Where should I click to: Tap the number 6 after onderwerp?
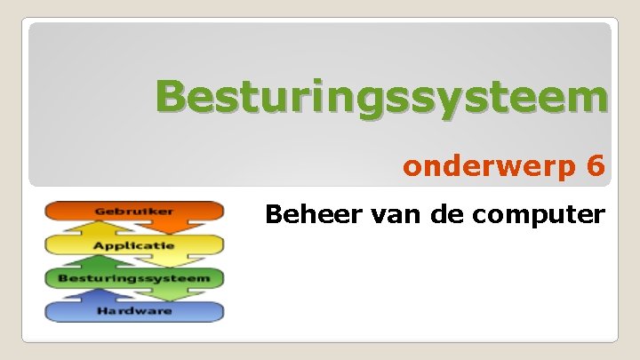click(596, 165)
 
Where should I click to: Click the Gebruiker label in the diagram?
click(134, 212)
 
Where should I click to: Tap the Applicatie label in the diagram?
click(134, 244)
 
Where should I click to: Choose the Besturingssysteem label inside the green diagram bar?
click(134, 278)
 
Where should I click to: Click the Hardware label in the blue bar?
click(134, 311)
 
